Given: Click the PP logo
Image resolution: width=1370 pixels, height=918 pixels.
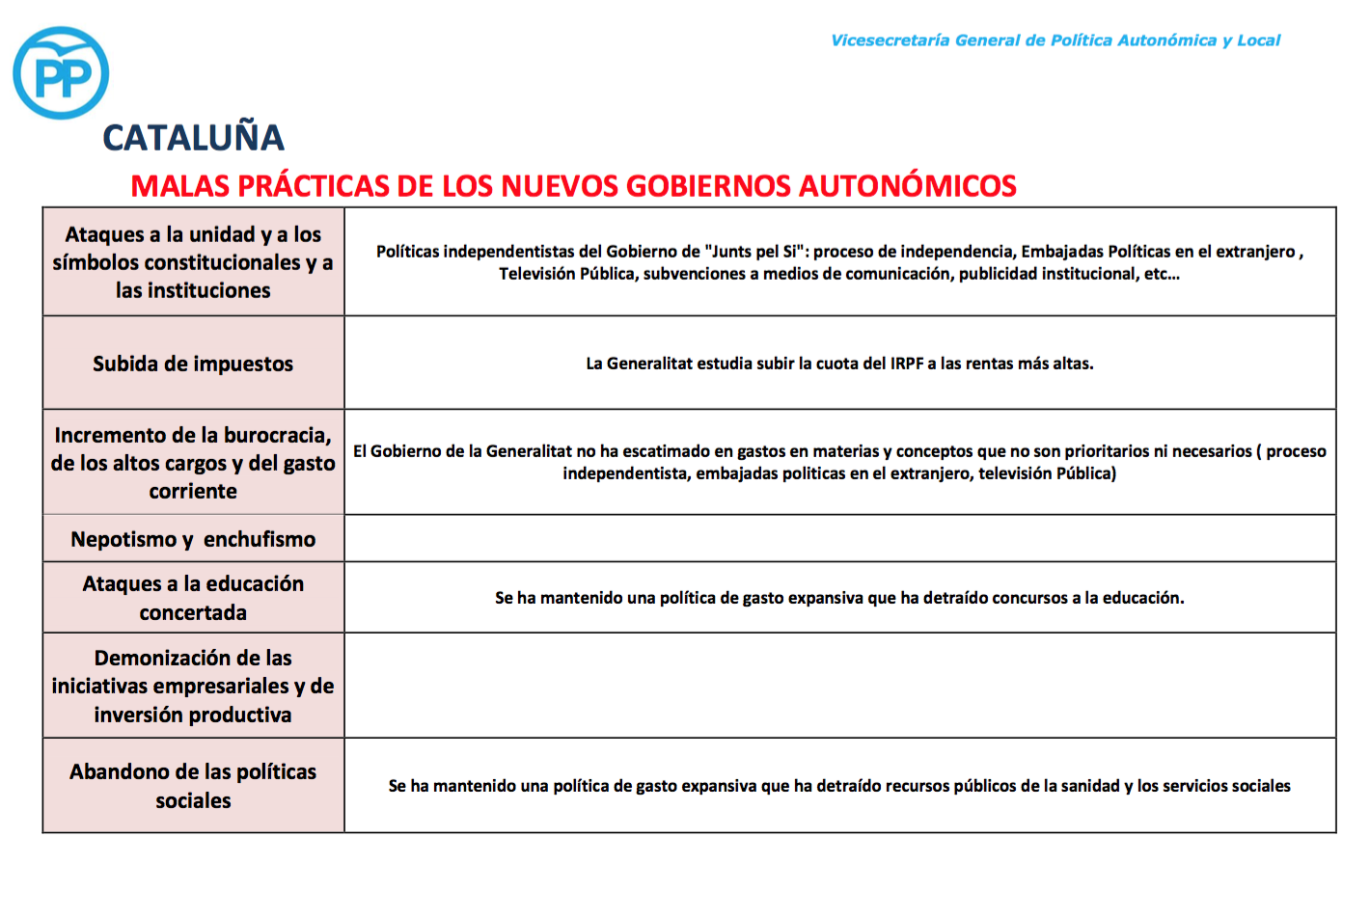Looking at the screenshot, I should (61, 73).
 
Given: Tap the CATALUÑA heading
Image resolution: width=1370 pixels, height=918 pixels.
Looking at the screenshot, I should (193, 138).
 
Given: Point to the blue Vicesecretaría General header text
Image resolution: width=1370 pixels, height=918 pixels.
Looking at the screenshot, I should (1055, 40).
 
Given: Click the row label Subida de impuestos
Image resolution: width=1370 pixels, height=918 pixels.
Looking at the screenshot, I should (193, 364).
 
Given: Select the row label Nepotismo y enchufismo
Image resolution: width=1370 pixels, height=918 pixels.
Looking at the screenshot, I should (193, 539).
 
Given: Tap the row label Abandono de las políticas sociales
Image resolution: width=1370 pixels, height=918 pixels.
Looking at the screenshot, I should (193, 786).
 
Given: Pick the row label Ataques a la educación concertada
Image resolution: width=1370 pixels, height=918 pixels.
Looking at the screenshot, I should (193, 598).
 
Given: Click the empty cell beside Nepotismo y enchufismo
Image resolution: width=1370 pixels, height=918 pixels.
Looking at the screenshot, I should (839, 538).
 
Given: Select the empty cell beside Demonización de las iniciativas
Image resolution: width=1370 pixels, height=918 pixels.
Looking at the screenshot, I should (839, 686).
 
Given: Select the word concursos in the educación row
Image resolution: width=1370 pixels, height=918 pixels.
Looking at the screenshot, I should (1030, 598).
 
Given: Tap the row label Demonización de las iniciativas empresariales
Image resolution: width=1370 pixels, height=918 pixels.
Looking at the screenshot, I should (193, 686).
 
